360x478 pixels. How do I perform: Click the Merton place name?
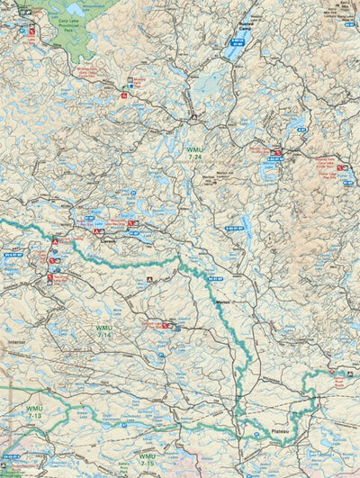pyautogui.click(x=224, y=303)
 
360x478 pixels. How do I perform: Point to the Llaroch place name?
pyautogui.click(x=105, y=241)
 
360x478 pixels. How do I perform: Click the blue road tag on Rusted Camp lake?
pyautogui.click(x=238, y=41)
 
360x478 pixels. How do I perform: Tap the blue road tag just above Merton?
pyautogui.click(x=214, y=279)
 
